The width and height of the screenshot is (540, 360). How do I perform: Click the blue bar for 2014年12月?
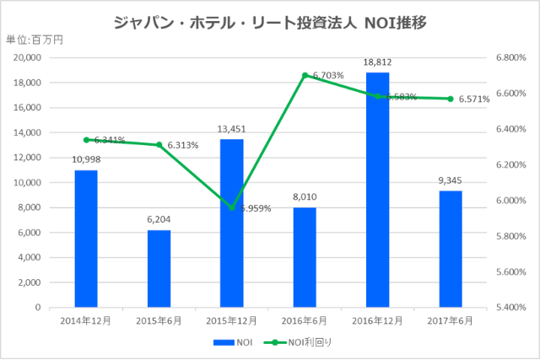pyautogui.click(x=86, y=239)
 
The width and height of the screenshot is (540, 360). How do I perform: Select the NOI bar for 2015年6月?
pyautogui.click(x=159, y=268)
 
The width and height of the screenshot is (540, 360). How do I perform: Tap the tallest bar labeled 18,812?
pyautogui.click(x=377, y=190)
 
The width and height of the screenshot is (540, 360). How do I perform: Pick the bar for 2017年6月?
pyautogui.click(x=451, y=249)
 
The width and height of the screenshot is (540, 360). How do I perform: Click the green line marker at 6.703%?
pyautogui.click(x=305, y=75)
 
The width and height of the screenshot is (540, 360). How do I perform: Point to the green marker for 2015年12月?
pyautogui.click(x=232, y=207)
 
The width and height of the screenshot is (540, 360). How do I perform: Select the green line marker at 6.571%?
pyautogui.click(x=451, y=99)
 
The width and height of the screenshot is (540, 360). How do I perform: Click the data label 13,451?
pyautogui.click(x=232, y=129)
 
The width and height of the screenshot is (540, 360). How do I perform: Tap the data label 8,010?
pyautogui.click(x=305, y=197)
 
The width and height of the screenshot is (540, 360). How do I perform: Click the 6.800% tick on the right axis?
pyautogui.click(x=511, y=58)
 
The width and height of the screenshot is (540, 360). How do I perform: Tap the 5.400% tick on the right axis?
pyautogui.click(x=511, y=308)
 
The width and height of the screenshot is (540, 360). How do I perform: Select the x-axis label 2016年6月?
pyautogui.click(x=305, y=320)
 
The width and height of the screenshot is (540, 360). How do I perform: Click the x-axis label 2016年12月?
pyautogui.click(x=377, y=320)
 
